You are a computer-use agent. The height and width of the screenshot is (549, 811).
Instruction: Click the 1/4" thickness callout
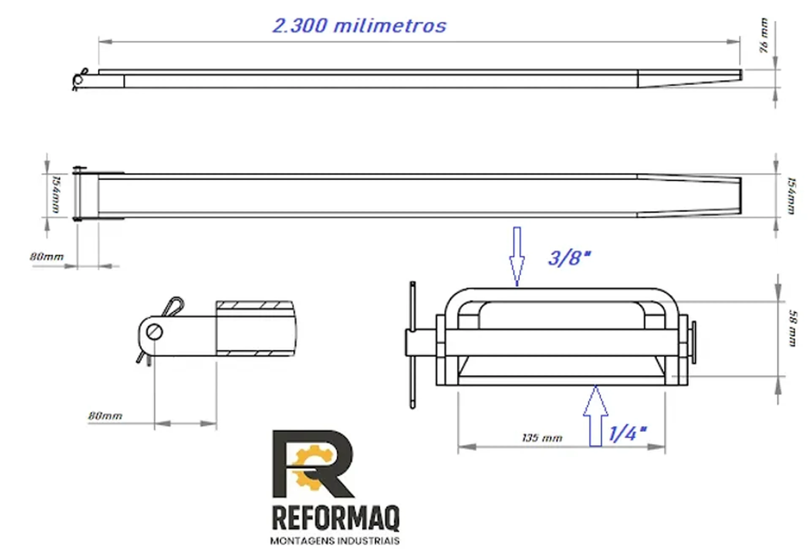(627, 434)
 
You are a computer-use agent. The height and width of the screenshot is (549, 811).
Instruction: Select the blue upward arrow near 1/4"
(595, 416)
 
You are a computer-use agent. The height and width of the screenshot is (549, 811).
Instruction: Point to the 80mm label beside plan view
(47, 257)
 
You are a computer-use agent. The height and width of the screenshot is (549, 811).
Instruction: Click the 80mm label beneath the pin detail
(105, 416)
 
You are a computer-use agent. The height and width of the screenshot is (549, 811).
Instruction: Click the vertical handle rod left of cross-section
(412, 344)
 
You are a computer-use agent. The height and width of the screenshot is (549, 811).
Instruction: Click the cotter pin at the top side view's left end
(80, 79)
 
